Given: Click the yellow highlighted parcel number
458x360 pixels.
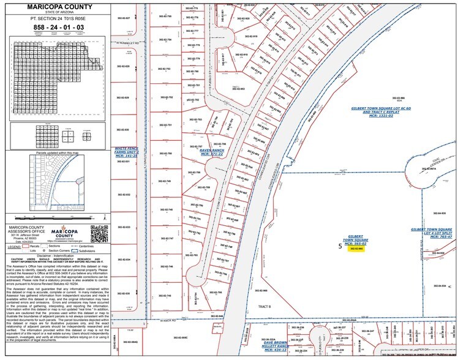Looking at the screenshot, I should pyautogui.click(x=357, y=249).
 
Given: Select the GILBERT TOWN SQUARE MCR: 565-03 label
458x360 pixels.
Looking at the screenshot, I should pyautogui.click(x=356, y=239).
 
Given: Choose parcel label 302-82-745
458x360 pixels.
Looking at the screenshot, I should pyautogui.click(x=165, y=295).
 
